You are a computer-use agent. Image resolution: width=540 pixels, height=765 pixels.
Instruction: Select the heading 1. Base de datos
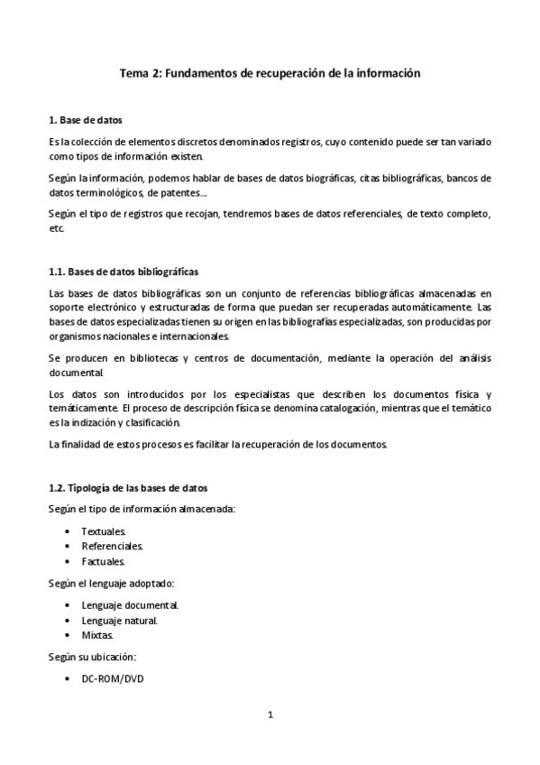86,120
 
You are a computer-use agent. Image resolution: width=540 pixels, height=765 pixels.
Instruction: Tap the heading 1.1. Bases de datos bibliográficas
124,272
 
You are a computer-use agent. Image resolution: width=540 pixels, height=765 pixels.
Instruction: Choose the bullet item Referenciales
112,547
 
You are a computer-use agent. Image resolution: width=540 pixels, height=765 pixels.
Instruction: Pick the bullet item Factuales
103,561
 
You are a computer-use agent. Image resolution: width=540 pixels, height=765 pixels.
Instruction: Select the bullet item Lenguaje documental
129,604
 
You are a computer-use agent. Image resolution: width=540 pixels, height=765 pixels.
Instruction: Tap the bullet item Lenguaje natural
120,620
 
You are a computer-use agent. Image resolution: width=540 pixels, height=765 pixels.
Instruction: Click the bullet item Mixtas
97,634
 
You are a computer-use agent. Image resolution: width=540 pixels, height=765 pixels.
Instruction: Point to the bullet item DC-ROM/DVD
112,677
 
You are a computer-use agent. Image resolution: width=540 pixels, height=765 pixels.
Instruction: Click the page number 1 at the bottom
270,715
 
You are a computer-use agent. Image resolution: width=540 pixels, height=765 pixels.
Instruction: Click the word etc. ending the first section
57,228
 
